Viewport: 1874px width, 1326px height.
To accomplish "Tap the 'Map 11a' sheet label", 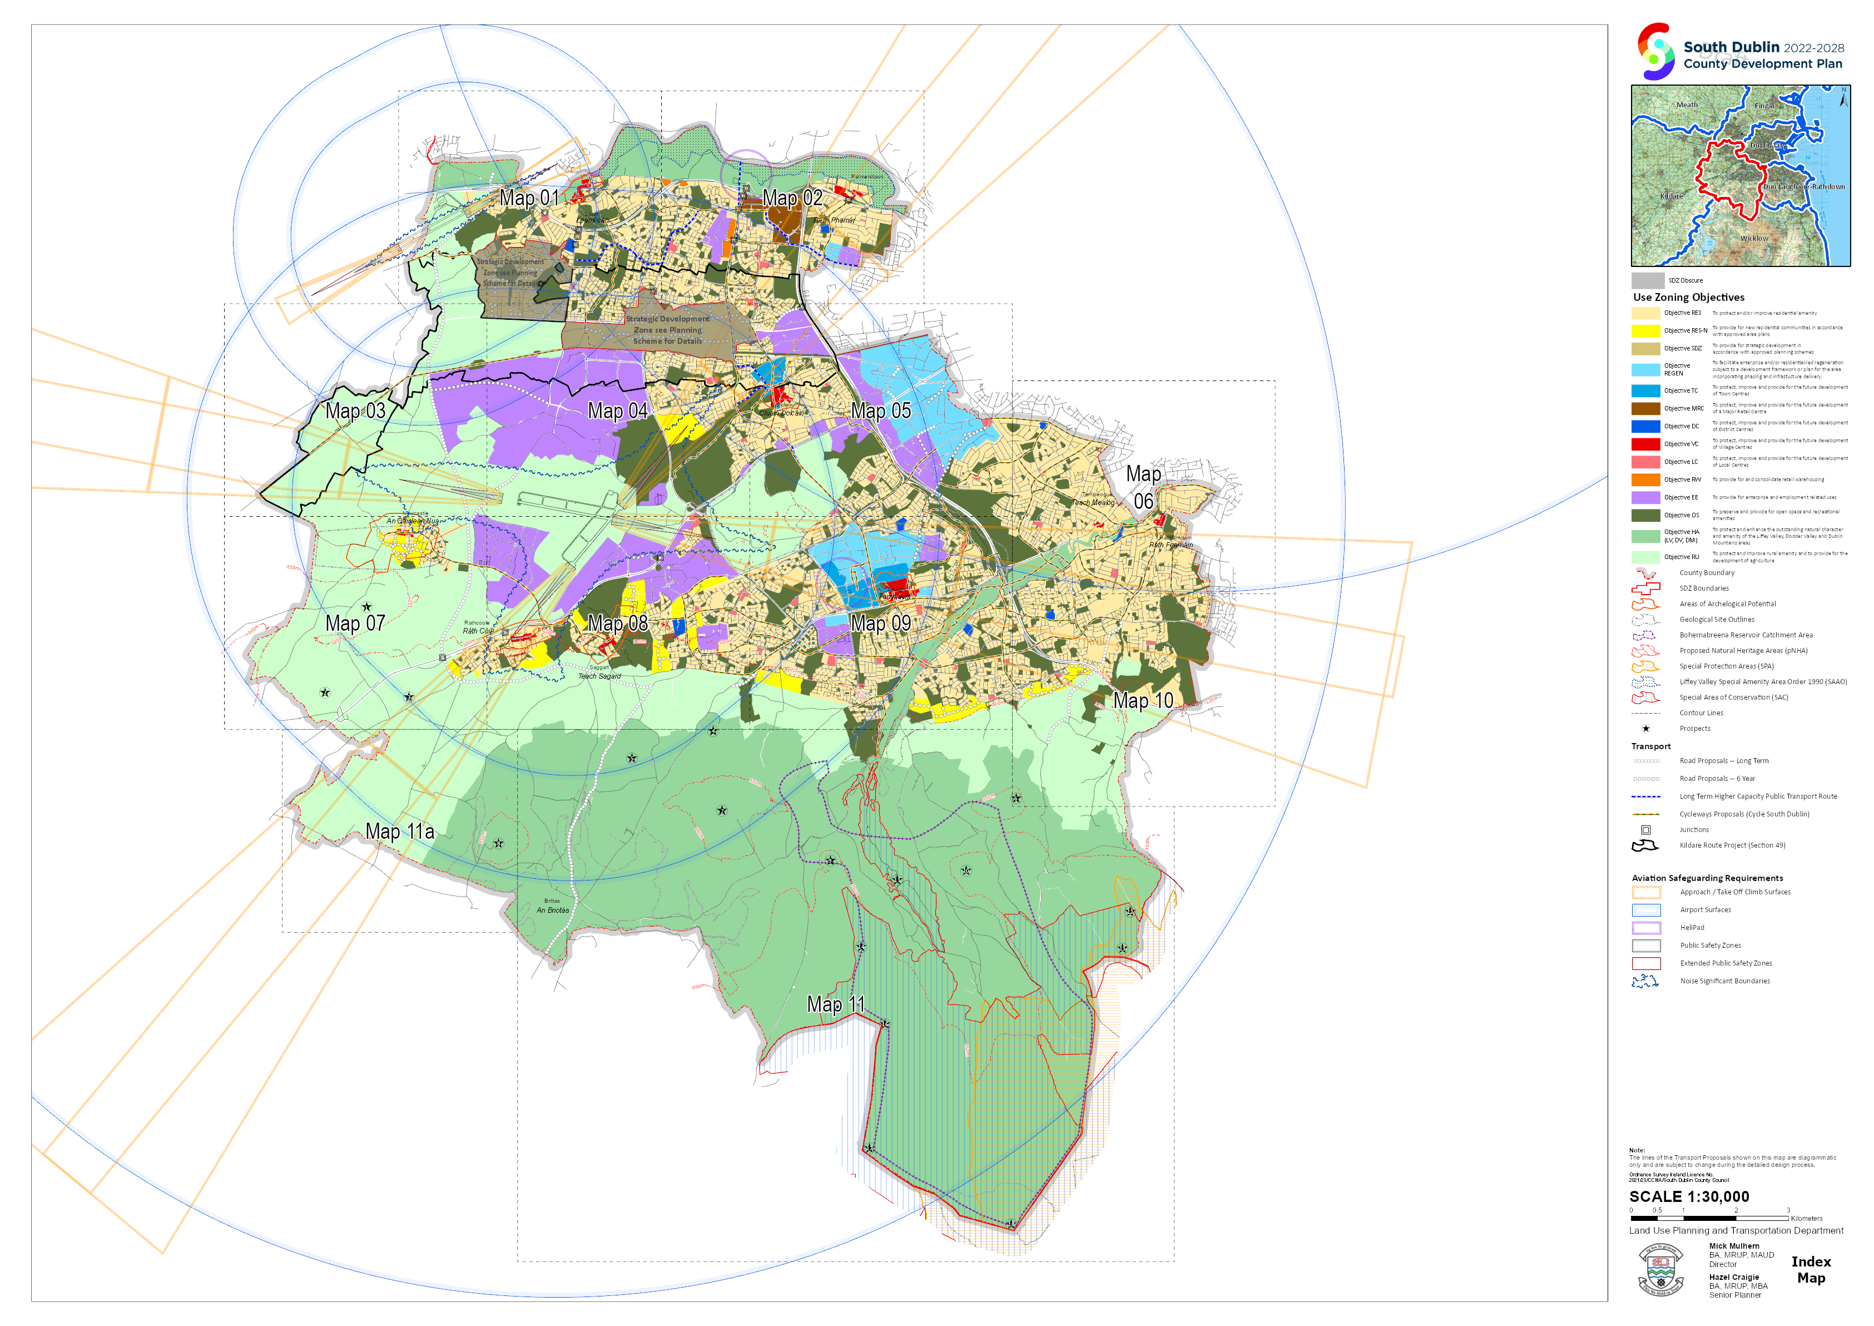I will click(399, 831).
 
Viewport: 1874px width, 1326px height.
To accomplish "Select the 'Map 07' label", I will click(355, 623).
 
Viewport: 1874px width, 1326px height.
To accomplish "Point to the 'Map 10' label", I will click(1143, 701).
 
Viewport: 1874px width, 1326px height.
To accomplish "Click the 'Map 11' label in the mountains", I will click(835, 1005).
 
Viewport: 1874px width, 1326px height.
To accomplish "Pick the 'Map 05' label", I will click(881, 410).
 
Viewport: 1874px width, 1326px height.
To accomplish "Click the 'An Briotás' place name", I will click(553, 909).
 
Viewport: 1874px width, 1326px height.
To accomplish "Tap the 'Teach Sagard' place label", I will click(599, 676).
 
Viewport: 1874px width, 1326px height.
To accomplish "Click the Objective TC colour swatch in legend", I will click(1645, 391).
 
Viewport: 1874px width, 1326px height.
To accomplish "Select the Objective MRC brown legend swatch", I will click(1645, 408).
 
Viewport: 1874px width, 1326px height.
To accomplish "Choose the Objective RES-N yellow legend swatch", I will click(1645, 331).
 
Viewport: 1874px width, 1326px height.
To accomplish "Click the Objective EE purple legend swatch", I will click(1645, 497).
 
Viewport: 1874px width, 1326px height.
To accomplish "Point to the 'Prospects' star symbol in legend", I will click(1645, 728).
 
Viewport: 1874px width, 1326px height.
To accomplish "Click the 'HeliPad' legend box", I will click(1645, 928).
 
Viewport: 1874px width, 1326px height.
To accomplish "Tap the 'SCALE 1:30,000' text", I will click(1689, 1196).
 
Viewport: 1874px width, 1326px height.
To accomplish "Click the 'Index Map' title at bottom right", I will click(1811, 1270).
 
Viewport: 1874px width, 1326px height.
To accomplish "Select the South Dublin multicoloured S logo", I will click(1655, 51).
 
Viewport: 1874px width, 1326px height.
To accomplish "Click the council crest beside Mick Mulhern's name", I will click(1660, 1270).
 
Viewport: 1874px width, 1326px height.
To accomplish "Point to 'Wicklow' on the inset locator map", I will click(1753, 239).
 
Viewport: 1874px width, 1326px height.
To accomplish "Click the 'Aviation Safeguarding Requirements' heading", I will click(1707, 878).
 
